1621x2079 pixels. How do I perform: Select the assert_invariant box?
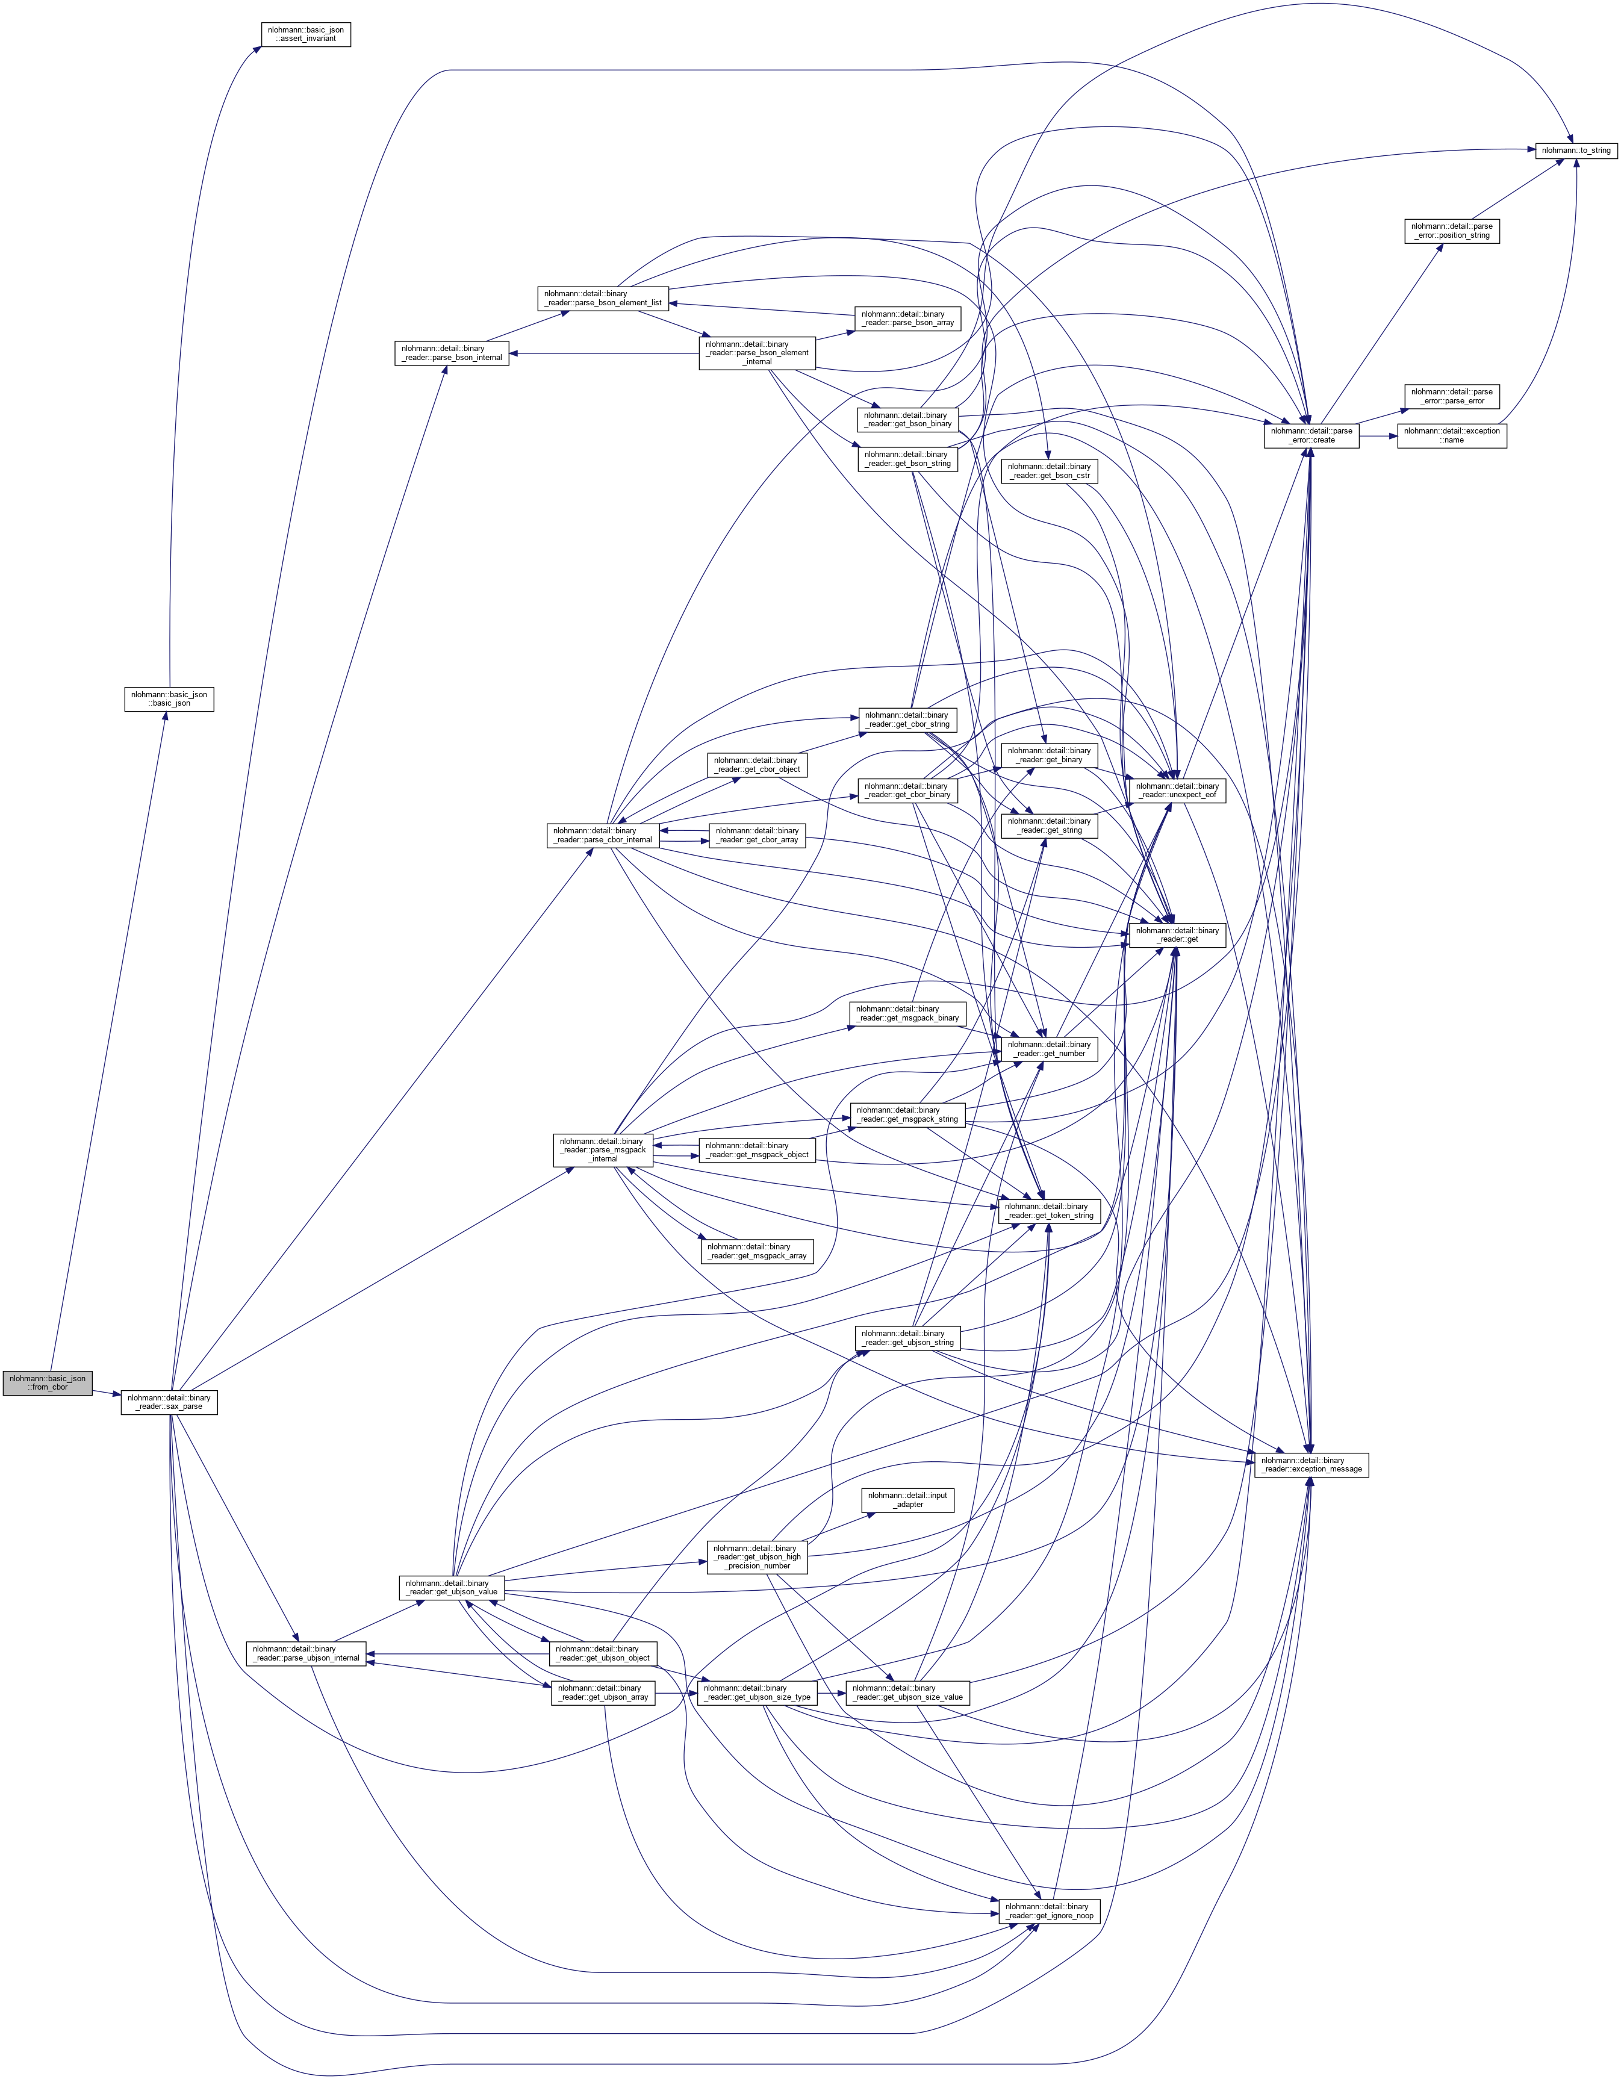tap(305, 34)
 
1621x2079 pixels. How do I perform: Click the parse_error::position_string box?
tap(1452, 231)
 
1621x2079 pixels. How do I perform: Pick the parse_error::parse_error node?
tap(1452, 396)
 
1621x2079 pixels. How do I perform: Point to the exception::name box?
tap(1452, 435)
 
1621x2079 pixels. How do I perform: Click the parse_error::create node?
tap(1311, 435)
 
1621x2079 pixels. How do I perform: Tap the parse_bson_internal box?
tap(451, 353)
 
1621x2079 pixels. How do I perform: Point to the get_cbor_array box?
tap(757, 835)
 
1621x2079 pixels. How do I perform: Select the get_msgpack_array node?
tap(757, 1251)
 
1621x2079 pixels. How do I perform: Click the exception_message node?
tap(1311, 1464)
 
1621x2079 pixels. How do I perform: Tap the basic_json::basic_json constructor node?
tap(169, 698)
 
